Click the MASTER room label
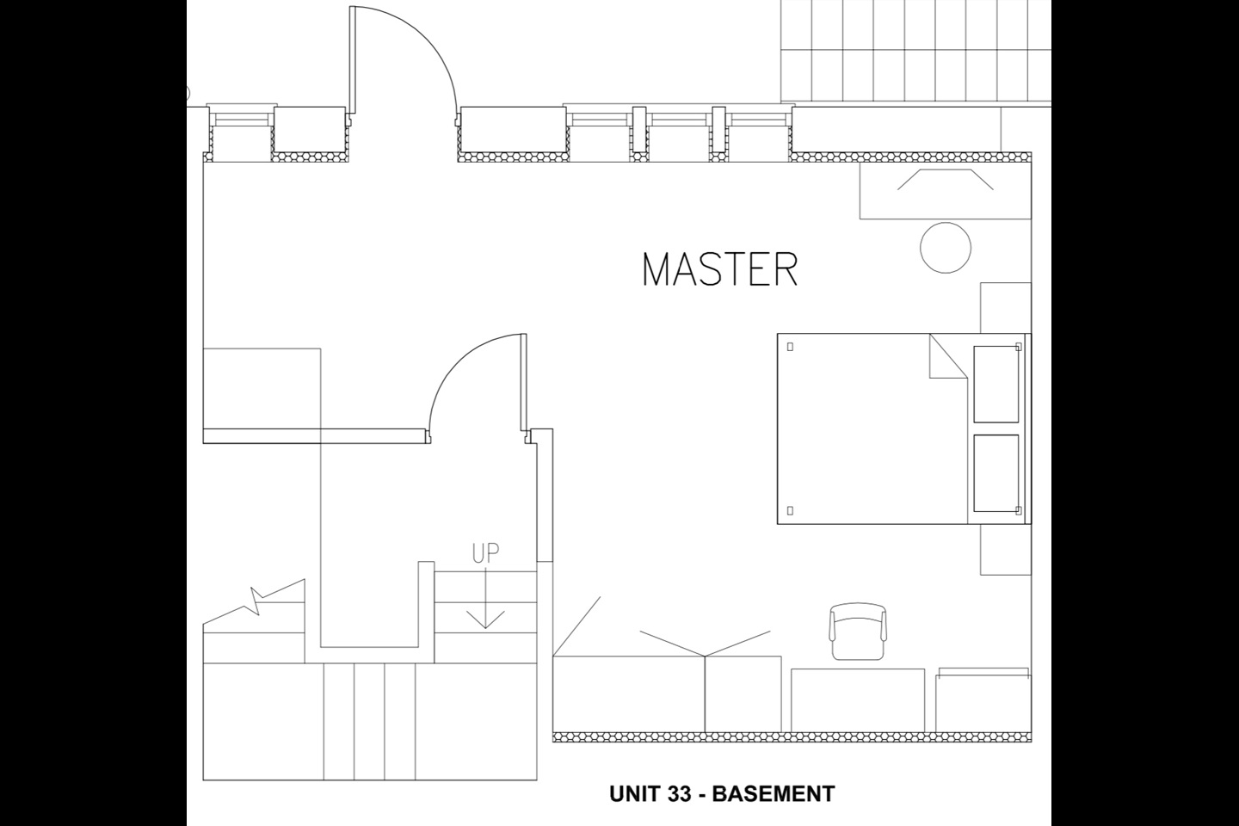720,269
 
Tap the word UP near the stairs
485,553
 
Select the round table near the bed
946,248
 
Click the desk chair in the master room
858,632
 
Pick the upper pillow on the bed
996,384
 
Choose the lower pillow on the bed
996,473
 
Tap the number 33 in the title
678,793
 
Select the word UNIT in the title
633,793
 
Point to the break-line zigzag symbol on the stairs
257,601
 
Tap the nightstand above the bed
1005,307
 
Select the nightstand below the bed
1005,549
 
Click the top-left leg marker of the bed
791,347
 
